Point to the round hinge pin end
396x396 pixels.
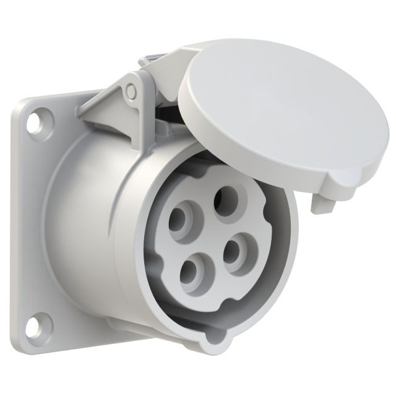pyautogui.click(x=131, y=91)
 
